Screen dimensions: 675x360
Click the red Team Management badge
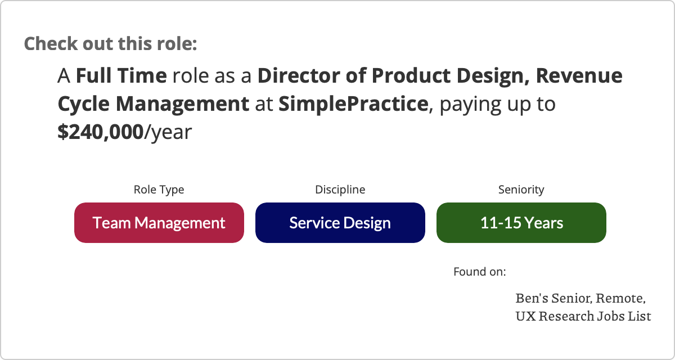tap(159, 223)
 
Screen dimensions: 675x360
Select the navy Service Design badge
tap(340, 223)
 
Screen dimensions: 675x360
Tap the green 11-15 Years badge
tap(521, 223)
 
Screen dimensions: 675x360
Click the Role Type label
tap(159, 190)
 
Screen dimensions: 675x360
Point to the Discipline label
tap(340, 190)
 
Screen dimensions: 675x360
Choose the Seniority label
tap(521, 190)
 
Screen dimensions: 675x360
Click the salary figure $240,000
tap(100, 132)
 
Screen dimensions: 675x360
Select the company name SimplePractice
tap(353, 104)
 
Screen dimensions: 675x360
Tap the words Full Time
tap(121, 75)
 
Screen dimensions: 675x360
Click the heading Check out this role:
tap(111, 44)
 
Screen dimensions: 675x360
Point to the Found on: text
tap(480, 272)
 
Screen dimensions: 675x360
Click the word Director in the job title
tap(299, 75)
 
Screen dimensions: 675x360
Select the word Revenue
tap(579, 75)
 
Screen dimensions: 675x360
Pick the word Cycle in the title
tap(83, 104)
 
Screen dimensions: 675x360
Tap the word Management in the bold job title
tap(183, 104)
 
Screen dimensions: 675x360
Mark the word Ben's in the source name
tap(532, 298)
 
